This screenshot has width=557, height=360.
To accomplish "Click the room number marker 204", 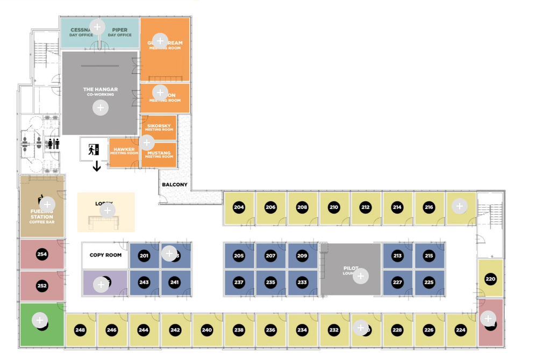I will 239,208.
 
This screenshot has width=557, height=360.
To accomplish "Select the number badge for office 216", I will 429,208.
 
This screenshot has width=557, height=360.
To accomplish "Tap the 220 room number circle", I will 490,279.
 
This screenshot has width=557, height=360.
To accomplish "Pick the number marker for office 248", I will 80,330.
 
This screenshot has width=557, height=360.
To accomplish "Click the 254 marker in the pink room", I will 41,253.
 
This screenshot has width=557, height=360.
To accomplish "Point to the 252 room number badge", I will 41,286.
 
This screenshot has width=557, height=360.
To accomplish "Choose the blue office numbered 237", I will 239,282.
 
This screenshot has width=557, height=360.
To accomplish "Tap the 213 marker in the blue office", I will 397,256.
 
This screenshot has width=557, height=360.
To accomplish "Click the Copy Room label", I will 105,255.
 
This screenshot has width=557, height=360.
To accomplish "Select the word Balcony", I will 175,185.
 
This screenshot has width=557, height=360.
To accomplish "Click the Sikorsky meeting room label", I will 159,127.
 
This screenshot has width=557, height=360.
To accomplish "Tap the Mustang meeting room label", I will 159,154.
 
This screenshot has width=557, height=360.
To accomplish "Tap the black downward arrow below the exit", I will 97,166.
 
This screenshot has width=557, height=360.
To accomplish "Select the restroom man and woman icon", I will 53,144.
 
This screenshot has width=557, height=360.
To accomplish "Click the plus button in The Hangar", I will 101,108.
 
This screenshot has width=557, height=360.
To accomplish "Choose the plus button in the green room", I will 40,321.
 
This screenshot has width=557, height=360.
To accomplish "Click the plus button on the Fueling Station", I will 47,204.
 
